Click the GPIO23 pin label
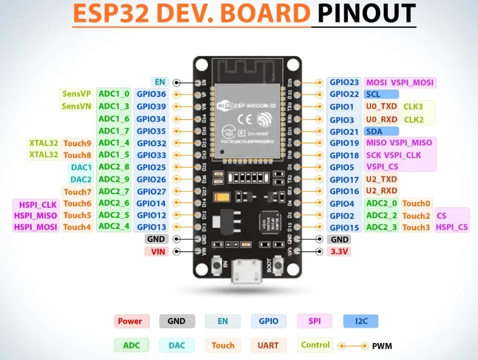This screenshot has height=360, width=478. pyautogui.click(x=345, y=82)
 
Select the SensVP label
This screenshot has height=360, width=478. pyautogui.click(x=76, y=94)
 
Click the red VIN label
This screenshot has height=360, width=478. pyautogui.click(x=156, y=251)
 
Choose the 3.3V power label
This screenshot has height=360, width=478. pyautogui.click(x=339, y=251)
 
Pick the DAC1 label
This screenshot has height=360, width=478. pyautogui.click(x=81, y=167)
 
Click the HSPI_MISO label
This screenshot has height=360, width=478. pyautogui.click(x=35, y=215)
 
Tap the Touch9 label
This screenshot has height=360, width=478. pyautogui.click(x=77, y=143)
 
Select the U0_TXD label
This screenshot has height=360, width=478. pyautogui.click(x=381, y=106)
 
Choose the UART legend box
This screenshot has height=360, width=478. pyautogui.click(x=268, y=345)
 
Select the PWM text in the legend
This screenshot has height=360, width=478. pyautogui.click(x=382, y=345)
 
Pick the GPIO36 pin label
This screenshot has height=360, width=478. pyautogui.click(x=151, y=94)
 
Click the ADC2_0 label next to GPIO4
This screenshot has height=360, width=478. pyautogui.click(x=381, y=203)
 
